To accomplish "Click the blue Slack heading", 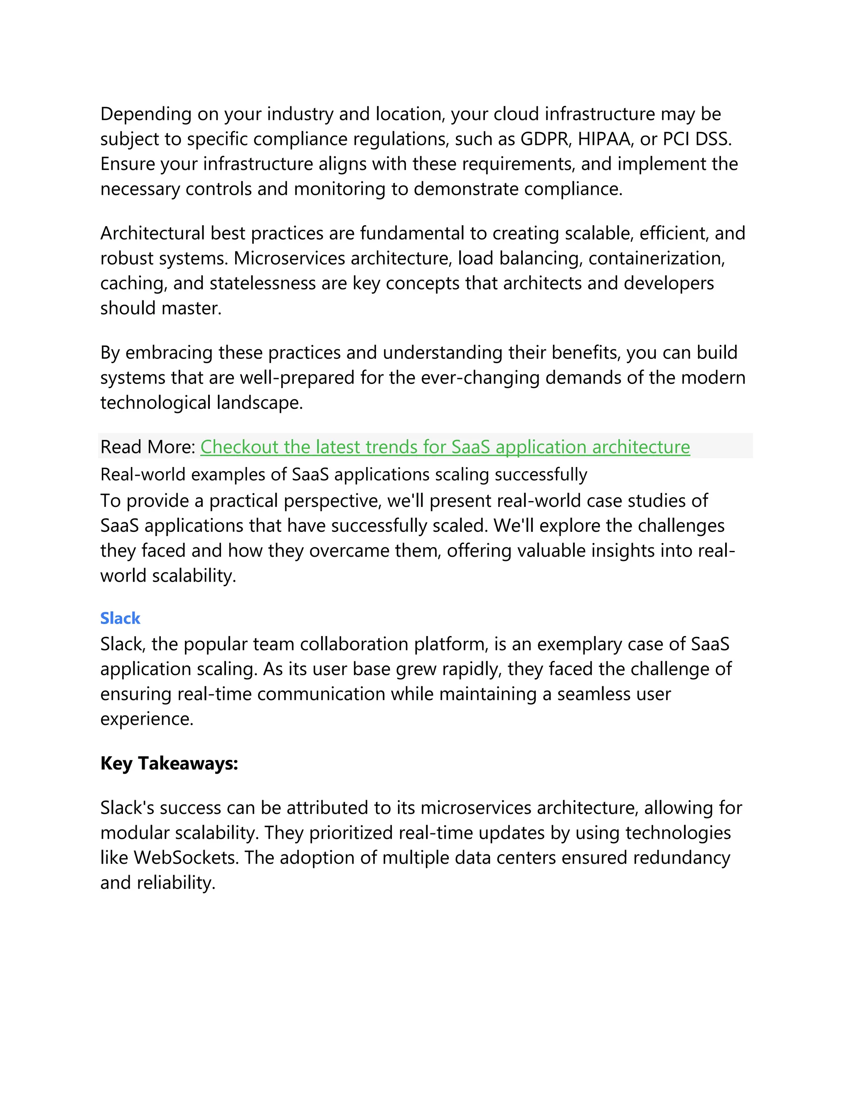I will pos(120,618).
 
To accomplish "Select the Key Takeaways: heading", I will pos(169,763).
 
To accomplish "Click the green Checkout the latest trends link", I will pos(445,447).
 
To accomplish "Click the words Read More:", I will pos(147,447).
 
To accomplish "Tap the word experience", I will pos(147,719).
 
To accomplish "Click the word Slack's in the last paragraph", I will pos(127,808).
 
